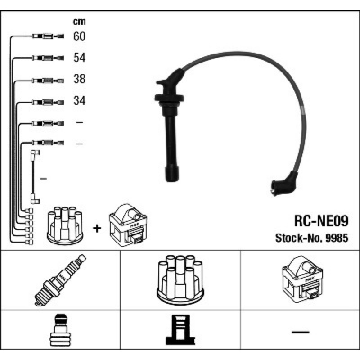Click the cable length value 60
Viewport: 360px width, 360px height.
click(79, 36)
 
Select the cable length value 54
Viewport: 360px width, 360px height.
click(80, 58)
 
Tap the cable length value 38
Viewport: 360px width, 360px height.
click(79, 79)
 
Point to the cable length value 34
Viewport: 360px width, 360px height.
click(80, 100)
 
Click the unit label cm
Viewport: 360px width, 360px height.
click(79, 22)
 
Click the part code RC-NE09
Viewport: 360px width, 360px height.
click(321, 221)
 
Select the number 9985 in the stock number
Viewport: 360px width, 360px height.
click(337, 238)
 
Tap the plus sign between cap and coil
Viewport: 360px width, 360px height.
click(97, 228)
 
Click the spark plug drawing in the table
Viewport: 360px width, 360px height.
click(60, 280)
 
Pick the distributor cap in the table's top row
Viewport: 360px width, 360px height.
click(180, 279)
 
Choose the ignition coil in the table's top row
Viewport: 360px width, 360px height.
click(302, 279)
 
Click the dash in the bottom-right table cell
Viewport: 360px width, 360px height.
click(300, 332)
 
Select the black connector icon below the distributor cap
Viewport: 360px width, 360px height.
click(180, 330)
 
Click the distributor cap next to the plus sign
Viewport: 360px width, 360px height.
click(65, 226)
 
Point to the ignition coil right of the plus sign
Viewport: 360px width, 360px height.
click(128, 225)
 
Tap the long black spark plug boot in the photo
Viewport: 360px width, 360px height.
click(171, 125)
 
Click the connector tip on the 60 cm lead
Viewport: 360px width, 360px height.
click(60, 36)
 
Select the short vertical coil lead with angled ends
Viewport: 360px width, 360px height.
click(35, 177)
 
